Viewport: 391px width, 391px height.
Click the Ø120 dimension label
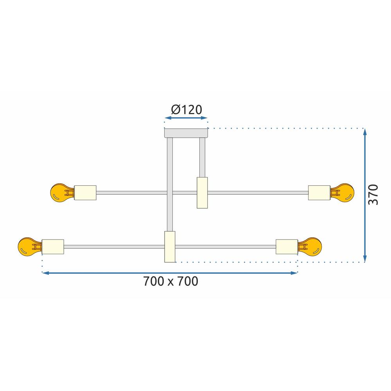187,110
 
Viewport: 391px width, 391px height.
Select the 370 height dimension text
375,194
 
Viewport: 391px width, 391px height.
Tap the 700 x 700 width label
170,281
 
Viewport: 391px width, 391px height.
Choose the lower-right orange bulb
312,246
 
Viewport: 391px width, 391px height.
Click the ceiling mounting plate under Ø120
186,133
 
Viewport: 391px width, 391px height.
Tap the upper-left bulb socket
85,192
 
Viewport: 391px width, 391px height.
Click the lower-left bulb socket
52,246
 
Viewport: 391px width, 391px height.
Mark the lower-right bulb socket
287,246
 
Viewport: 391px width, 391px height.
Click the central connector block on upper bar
202,192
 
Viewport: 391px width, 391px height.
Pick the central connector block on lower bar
170,246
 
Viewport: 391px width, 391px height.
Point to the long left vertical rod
170,184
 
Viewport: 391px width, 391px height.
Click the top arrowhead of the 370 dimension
365,132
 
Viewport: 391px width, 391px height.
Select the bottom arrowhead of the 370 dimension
365,258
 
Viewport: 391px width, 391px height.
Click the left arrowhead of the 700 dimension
45,273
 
